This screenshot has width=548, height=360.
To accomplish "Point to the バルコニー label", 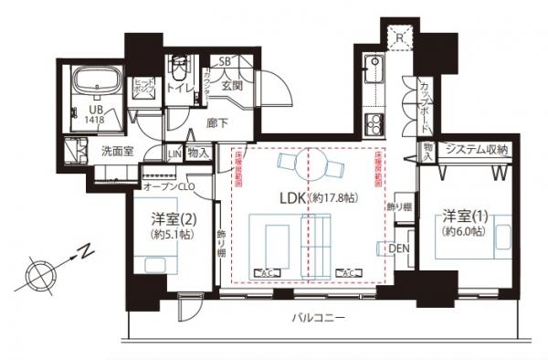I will click(319, 319).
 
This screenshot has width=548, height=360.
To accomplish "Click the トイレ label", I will click(181, 89).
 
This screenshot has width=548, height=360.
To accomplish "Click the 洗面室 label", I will click(118, 152).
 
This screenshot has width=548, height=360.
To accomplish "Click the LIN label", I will click(174, 153).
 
